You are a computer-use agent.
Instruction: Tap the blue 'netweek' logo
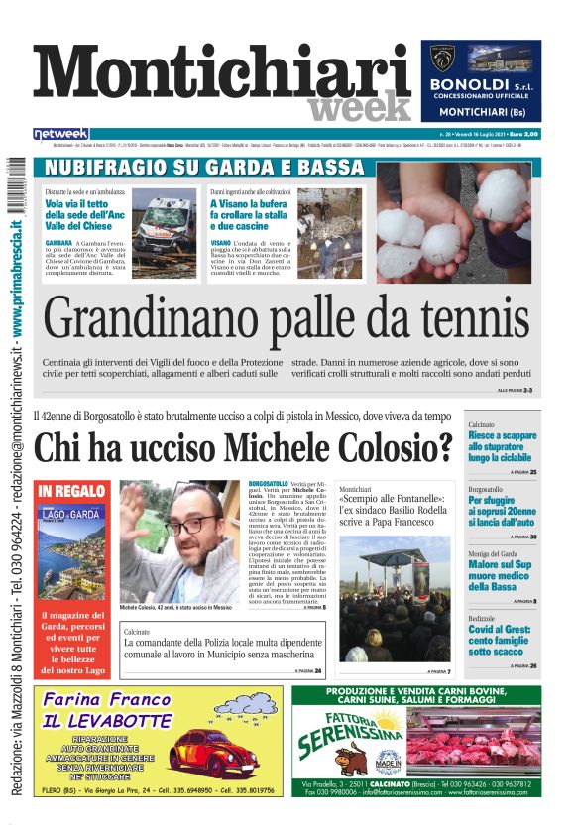click(60, 133)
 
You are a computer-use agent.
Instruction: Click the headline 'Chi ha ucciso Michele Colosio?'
click(244, 449)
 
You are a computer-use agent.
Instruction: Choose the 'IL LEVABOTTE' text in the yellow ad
click(107, 721)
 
